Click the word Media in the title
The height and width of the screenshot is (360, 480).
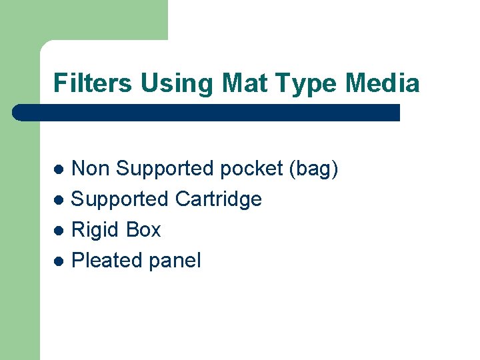[383, 84]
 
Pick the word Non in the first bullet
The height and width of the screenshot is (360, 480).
[91, 169]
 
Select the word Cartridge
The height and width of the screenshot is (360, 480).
[218, 199]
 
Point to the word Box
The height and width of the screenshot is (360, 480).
[143, 230]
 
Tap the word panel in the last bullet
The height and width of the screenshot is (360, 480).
[175, 261]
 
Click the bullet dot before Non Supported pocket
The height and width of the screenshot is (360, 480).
[59, 169]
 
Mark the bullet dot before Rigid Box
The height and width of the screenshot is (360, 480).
[59, 231]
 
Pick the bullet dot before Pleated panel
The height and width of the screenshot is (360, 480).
[59, 261]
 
